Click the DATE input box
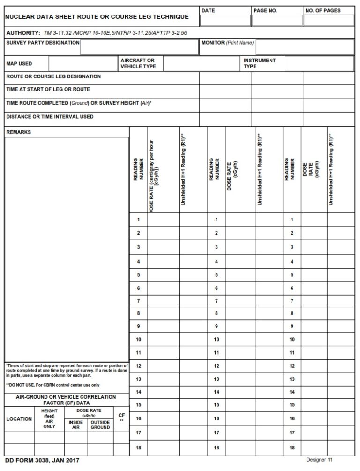pyautogui.click(x=225, y=20)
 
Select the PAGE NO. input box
pyautogui.click(x=277, y=20)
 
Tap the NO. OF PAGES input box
pyautogui.click(x=328, y=20)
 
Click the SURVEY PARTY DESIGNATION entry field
pyautogui.click(x=139, y=47)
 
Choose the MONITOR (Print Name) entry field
pyautogui.click(x=305, y=47)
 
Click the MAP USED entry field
pyautogui.click(x=83, y=64)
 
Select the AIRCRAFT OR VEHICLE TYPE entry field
pyautogui.click(x=200, y=64)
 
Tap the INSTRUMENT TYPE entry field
pyautogui.click(x=319, y=64)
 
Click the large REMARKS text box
pyautogui.click(x=67, y=249)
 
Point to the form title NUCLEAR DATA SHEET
pyautogui.click(x=97, y=17)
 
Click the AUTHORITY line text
pyautogui.click(x=97, y=33)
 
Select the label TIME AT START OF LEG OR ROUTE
pyautogui.click(x=48, y=89)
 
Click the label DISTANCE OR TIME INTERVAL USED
pyautogui.click(x=50, y=116)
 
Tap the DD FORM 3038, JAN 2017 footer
pyautogui.click(x=42, y=461)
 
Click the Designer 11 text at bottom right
pyautogui.click(x=320, y=460)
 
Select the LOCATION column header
pyautogui.click(x=19, y=419)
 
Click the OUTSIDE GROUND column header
pyautogui.click(x=100, y=425)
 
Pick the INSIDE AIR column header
pyautogui.click(x=75, y=425)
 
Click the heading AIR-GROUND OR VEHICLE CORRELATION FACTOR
pyautogui.click(x=66, y=400)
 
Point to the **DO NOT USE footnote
pyautogui.click(x=52, y=385)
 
